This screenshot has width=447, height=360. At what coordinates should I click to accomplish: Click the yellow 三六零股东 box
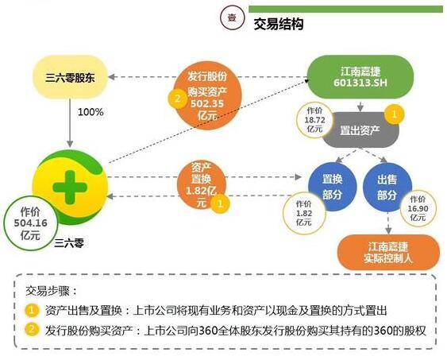point(70,77)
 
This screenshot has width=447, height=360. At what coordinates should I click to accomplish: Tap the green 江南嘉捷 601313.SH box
point(360,77)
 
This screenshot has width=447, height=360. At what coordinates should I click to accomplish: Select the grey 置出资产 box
point(361,130)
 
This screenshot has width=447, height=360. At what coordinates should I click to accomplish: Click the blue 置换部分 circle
point(333,187)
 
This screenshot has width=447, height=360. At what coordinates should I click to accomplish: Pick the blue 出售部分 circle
point(387,187)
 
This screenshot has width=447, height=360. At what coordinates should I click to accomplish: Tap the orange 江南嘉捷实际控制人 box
point(388,252)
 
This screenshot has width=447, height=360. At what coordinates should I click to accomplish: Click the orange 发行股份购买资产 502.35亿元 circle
point(207,95)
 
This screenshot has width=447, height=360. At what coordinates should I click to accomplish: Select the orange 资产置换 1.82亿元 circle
point(201,186)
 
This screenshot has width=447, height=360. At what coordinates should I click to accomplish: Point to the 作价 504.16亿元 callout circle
point(30,223)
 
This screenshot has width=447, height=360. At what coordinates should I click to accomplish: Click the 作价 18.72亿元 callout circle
point(314,120)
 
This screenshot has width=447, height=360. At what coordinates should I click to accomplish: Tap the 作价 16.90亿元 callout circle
point(418,208)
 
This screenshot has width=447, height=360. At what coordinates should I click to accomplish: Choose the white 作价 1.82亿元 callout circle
point(304,213)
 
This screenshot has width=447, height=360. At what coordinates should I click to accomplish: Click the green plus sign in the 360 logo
point(70,188)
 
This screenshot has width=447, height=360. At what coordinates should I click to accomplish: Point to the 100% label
point(91,112)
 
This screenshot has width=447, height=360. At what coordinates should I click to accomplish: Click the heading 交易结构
point(278,25)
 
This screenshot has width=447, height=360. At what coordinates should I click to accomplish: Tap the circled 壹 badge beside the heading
point(232,17)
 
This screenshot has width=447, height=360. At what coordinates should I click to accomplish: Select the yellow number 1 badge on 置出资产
point(395,114)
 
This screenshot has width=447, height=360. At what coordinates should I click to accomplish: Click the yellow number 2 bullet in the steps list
point(32,330)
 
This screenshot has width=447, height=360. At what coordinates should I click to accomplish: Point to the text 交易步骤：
point(52,292)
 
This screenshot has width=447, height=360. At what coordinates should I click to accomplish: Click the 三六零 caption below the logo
point(69,243)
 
